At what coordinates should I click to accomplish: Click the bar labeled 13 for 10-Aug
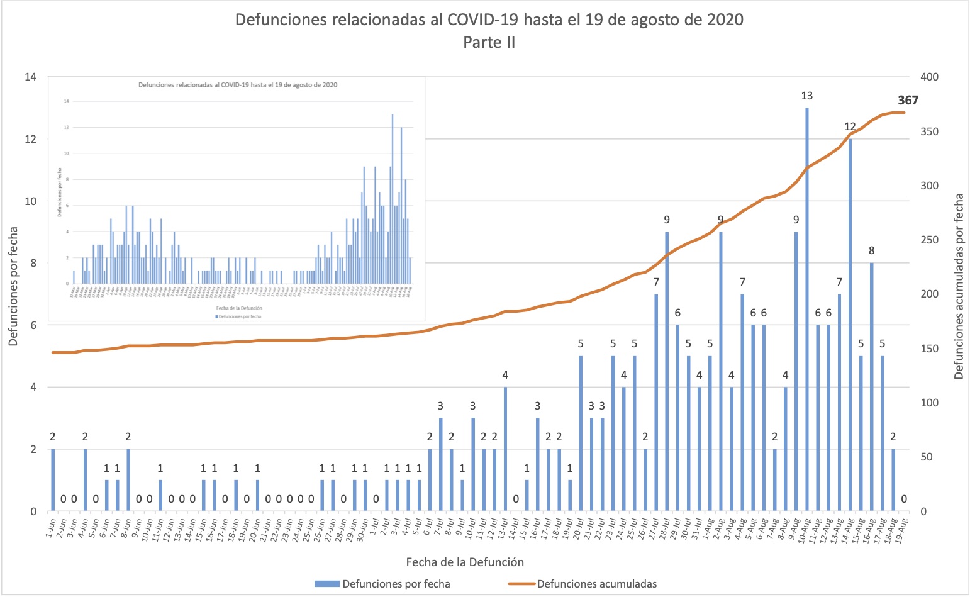pyautogui.click(x=807, y=315)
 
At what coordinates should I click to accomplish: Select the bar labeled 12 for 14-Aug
pyautogui.click(x=850, y=327)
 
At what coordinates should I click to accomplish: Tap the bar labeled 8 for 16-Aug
pyautogui.click(x=871, y=390)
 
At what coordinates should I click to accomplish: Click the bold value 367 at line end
pyautogui.click(x=908, y=100)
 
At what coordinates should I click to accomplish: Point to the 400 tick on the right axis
pyautogui.click(x=929, y=77)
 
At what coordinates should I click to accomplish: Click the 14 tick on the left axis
pyautogui.click(x=30, y=77)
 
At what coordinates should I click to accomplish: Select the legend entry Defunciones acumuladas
pyautogui.click(x=596, y=584)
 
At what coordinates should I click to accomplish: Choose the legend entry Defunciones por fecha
pyautogui.click(x=396, y=584)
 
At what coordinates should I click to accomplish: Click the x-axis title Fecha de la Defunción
pyautogui.click(x=465, y=562)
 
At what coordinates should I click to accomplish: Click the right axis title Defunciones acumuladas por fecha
pyautogui.click(x=959, y=286)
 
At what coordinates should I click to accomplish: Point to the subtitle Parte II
pyautogui.click(x=489, y=42)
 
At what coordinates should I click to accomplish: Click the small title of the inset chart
pyautogui.click(x=238, y=85)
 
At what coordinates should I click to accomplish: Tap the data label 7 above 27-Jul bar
pyautogui.click(x=656, y=282)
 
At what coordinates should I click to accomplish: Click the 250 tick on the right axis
pyautogui.click(x=929, y=240)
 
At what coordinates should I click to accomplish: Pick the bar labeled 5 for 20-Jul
pyautogui.click(x=581, y=434)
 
